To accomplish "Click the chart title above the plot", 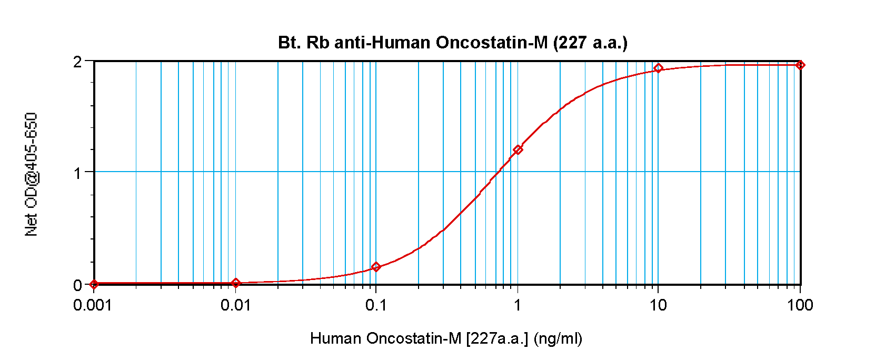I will [453, 42].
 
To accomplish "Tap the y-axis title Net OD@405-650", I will [32, 174].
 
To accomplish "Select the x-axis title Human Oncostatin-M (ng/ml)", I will [446, 338].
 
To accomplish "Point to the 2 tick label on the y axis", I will [78, 62].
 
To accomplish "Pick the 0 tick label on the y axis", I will [78, 285].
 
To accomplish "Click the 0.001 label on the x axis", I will [93, 305].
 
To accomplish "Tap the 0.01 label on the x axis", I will [235, 305].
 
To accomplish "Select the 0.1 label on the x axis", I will [376, 305].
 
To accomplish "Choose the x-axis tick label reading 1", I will [518, 305].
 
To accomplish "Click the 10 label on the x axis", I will [658, 305].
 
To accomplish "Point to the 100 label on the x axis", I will [800, 305].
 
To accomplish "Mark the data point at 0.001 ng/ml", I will [94, 284].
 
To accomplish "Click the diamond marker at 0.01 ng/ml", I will [236, 283].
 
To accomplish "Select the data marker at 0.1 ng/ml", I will [376, 267].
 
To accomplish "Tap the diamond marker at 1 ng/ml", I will [518, 149].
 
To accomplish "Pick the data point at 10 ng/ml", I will [658, 68].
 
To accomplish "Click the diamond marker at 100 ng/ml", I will [800, 65].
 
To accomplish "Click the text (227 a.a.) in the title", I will [590, 42].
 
